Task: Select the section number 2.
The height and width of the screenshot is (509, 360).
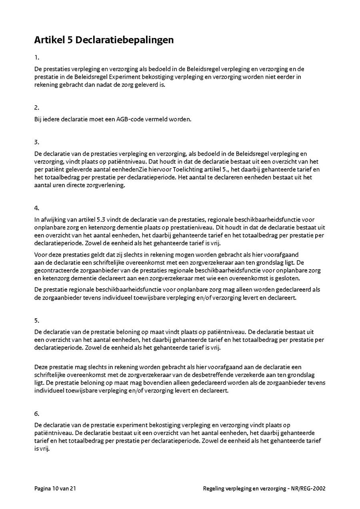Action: click(36, 108)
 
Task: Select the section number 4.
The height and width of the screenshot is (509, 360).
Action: click(36, 208)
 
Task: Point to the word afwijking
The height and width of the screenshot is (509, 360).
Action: click(53, 220)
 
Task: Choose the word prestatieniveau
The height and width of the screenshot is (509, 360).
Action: click(186, 227)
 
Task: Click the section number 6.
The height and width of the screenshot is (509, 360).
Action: click(36, 413)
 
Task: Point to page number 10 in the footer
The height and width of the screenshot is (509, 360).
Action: click(56, 488)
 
